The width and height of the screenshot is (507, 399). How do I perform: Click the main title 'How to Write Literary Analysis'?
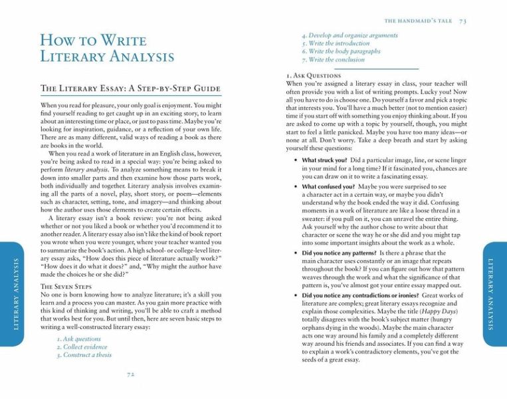[x=107, y=47]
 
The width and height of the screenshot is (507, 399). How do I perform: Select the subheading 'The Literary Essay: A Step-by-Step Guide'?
[x=130, y=88]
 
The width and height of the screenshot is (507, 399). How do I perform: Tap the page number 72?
[x=131, y=374]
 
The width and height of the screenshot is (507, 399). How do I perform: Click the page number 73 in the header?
[x=462, y=21]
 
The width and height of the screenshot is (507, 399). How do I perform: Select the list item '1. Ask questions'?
[x=78, y=338]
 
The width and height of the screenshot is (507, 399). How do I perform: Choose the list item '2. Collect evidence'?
[x=81, y=346]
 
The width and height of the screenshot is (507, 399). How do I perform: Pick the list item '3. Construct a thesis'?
[x=84, y=354]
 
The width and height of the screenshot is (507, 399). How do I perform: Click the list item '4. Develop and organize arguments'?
[x=350, y=35]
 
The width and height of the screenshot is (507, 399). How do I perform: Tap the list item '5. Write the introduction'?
[x=336, y=43]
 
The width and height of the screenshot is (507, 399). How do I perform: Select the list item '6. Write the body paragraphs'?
[x=341, y=51]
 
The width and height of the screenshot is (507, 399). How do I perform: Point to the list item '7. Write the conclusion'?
[x=333, y=59]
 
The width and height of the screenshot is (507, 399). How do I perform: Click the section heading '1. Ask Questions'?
[x=313, y=76]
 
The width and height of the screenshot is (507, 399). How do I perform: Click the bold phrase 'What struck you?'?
[x=324, y=160]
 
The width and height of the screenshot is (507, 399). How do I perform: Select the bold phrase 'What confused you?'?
[x=328, y=188]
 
